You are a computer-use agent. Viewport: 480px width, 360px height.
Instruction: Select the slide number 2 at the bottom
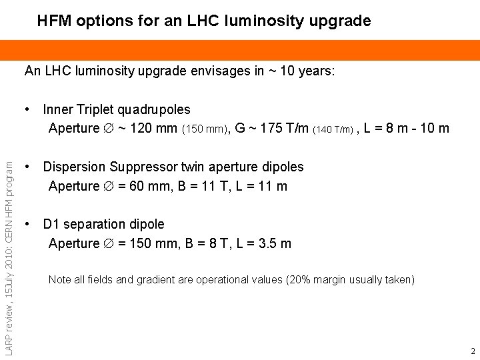[472, 351]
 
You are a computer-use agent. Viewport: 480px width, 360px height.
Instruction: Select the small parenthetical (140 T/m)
[333, 129]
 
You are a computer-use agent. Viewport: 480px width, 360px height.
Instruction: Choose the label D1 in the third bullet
[51, 224]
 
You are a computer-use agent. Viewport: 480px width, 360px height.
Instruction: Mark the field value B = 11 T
[201, 186]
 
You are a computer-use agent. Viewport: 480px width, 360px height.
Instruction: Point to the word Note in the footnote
[60, 280]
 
